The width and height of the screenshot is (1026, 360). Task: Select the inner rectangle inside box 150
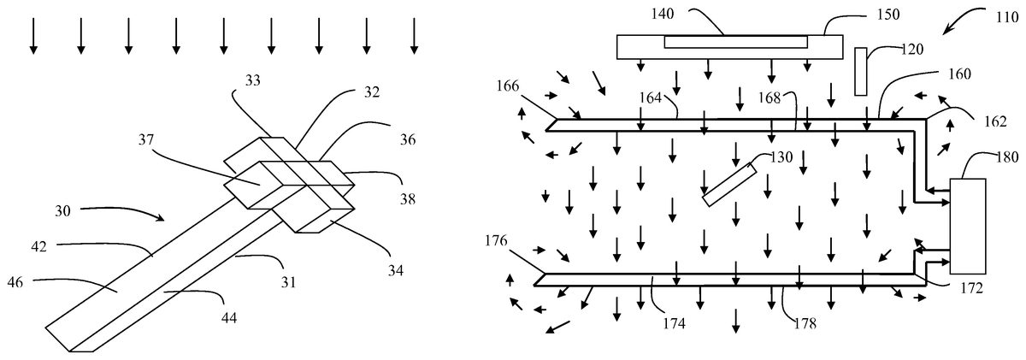click(x=735, y=41)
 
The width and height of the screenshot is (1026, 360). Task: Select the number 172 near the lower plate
click(x=971, y=288)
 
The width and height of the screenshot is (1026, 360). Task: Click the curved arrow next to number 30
click(x=128, y=210)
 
